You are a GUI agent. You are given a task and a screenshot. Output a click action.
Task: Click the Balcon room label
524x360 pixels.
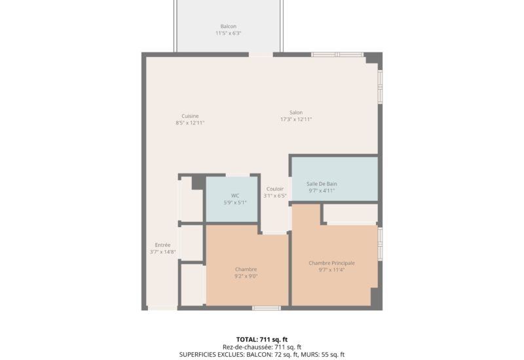[x=228, y=26]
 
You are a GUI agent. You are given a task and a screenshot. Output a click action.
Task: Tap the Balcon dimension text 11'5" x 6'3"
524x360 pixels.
[x=228, y=33]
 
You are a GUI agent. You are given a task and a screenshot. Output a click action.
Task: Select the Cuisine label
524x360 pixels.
[x=190, y=116]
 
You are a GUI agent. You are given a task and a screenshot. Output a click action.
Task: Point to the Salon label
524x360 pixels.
[x=296, y=112]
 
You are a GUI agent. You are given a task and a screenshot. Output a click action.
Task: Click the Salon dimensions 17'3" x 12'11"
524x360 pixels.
[x=296, y=119]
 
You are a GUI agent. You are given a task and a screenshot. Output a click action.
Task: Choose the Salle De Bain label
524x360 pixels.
[x=322, y=184]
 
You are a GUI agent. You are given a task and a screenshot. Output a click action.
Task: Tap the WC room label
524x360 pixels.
[x=234, y=195]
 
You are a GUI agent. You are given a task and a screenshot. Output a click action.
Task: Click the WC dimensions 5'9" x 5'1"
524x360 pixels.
[x=234, y=202]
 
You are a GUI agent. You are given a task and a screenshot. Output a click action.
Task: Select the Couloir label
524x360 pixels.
[x=275, y=189]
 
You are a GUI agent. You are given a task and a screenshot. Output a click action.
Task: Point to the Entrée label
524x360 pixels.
[x=162, y=245]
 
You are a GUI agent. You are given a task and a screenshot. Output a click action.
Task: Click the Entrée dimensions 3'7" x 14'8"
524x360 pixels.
[x=162, y=252]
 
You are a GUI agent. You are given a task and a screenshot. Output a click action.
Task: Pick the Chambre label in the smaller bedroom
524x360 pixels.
[x=246, y=269]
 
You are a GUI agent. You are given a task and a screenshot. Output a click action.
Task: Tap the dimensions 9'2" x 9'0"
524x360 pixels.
[x=246, y=276]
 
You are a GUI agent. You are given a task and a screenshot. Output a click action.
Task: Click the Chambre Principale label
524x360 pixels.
[x=331, y=262]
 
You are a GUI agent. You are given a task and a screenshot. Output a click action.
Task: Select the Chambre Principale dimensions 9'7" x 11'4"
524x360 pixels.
[x=331, y=270]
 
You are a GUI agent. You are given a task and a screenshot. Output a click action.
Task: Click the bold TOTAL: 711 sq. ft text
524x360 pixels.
[x=262, y=339]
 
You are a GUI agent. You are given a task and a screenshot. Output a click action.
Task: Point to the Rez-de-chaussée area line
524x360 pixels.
[x=262, y=347]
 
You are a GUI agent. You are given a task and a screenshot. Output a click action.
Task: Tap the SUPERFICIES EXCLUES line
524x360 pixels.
[x=262, y=354]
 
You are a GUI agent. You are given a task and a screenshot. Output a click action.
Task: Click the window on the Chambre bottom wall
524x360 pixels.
[x=267, y=308]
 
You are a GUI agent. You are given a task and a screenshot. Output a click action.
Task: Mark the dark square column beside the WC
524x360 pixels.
[x=197, y=183]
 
